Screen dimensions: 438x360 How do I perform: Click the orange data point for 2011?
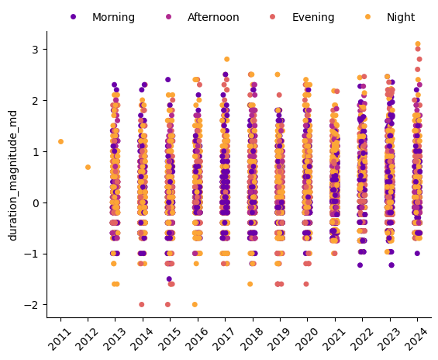[x=60, y=142]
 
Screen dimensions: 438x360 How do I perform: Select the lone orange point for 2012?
[x=88, y=167]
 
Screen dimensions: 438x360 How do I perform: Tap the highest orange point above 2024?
[x=418, y=44]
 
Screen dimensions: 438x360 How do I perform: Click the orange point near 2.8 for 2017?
[x=227, y=59]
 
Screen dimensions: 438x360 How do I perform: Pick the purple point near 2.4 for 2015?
[x=168, y=80]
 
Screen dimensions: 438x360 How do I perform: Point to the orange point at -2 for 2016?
[x=195, y=304]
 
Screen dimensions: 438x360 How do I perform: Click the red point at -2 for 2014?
[x=142, y=304]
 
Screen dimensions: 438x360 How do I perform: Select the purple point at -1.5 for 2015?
[x=169, y=279]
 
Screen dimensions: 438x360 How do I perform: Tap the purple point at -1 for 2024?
[x=417, y=254]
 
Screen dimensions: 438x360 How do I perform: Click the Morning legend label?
[x=113, y=17]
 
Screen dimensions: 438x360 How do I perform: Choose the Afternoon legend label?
[x=213, y=17]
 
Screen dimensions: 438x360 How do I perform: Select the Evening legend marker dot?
[x=272, y=17]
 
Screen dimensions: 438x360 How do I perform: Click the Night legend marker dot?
[x=368, y=17]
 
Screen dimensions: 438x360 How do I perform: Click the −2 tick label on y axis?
[x=32, y=305]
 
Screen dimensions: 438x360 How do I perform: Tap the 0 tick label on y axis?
[x=36, y=203]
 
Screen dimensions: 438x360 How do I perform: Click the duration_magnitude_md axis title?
[x=13, y=175]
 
